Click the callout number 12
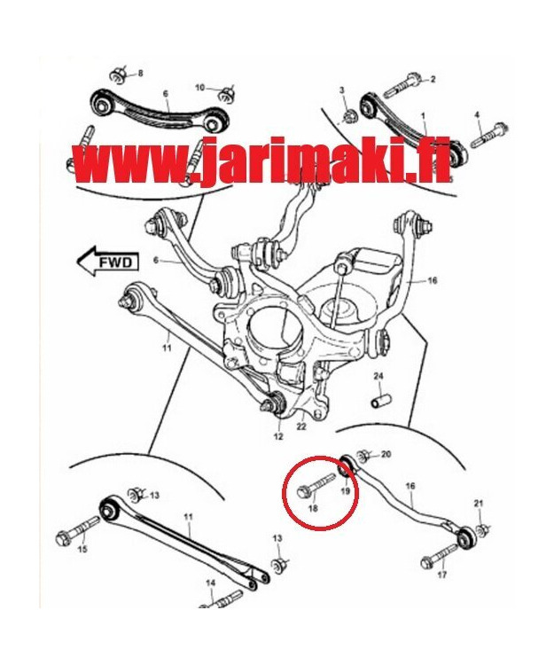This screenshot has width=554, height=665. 277,435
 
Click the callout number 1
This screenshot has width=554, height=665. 423,116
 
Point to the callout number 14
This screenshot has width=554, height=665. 211,583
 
